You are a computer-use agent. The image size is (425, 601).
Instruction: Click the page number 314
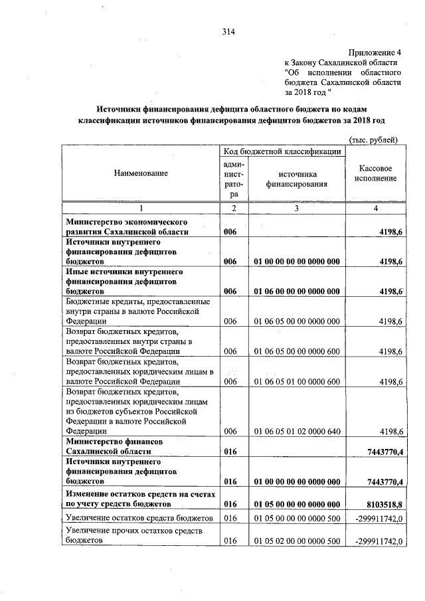[228, 31]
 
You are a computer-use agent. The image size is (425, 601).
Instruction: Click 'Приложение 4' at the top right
[375, 51]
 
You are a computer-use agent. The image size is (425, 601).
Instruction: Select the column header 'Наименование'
[141, 173]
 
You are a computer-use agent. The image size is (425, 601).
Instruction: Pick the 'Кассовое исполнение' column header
[375, 174]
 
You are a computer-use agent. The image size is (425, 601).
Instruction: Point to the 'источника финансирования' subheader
[296, 179]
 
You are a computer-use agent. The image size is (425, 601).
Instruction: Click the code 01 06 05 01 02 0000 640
[297, 432]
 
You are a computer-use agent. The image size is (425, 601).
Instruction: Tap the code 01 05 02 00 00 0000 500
[297, 541]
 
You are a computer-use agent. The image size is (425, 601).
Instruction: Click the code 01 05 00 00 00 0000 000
[297, 505]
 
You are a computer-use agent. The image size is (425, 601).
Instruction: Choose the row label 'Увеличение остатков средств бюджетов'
[138, 518]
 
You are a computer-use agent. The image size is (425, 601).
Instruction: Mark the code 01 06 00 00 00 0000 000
[297, 292]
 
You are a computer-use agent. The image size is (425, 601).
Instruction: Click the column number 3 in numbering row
[296, 209]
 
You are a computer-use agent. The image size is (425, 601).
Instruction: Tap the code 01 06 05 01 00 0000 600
[297, 382]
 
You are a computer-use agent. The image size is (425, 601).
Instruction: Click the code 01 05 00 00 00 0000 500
[297, 518]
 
